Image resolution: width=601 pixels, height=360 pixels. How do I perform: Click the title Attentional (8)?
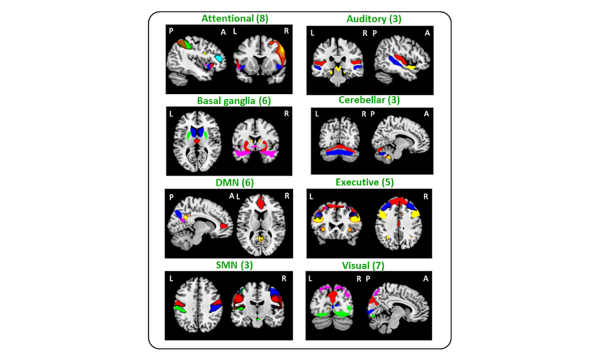[x=235, y=19]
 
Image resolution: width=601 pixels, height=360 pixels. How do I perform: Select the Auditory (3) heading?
[x=374, y=19]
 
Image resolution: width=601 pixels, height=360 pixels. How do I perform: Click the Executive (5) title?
[x=364, y=182]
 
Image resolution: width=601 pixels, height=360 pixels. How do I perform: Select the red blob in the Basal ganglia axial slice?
[x=198, y=139]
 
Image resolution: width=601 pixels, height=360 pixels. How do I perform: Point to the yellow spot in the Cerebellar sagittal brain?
[x=388, y=157]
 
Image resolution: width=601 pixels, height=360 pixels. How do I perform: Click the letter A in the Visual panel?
[x=425, y=279]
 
